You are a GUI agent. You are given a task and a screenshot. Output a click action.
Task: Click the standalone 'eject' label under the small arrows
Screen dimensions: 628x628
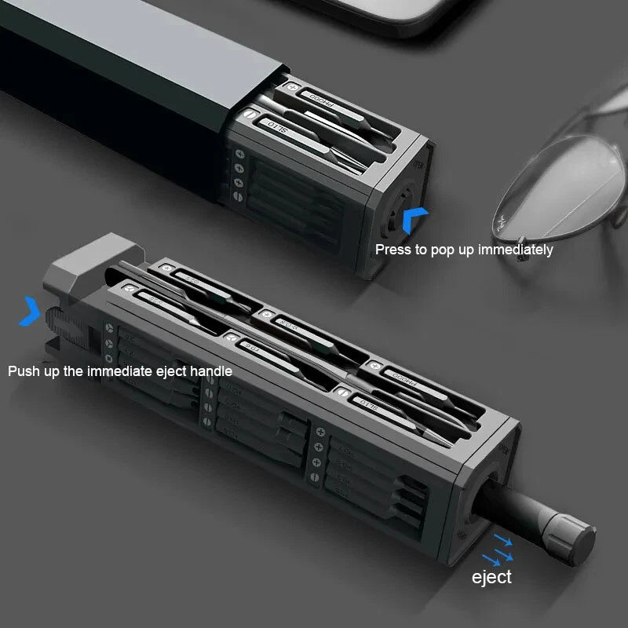pos(491,577)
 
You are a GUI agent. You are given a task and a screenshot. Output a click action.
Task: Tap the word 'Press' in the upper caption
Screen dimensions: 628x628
pos(393,250)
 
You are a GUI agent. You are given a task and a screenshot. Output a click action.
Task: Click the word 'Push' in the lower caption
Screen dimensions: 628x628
pos(24,371)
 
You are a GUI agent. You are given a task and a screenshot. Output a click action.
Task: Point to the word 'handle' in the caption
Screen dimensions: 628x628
pos(210,371)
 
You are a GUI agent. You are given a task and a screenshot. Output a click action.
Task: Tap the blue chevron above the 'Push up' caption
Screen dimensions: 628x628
pos(31,311)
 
